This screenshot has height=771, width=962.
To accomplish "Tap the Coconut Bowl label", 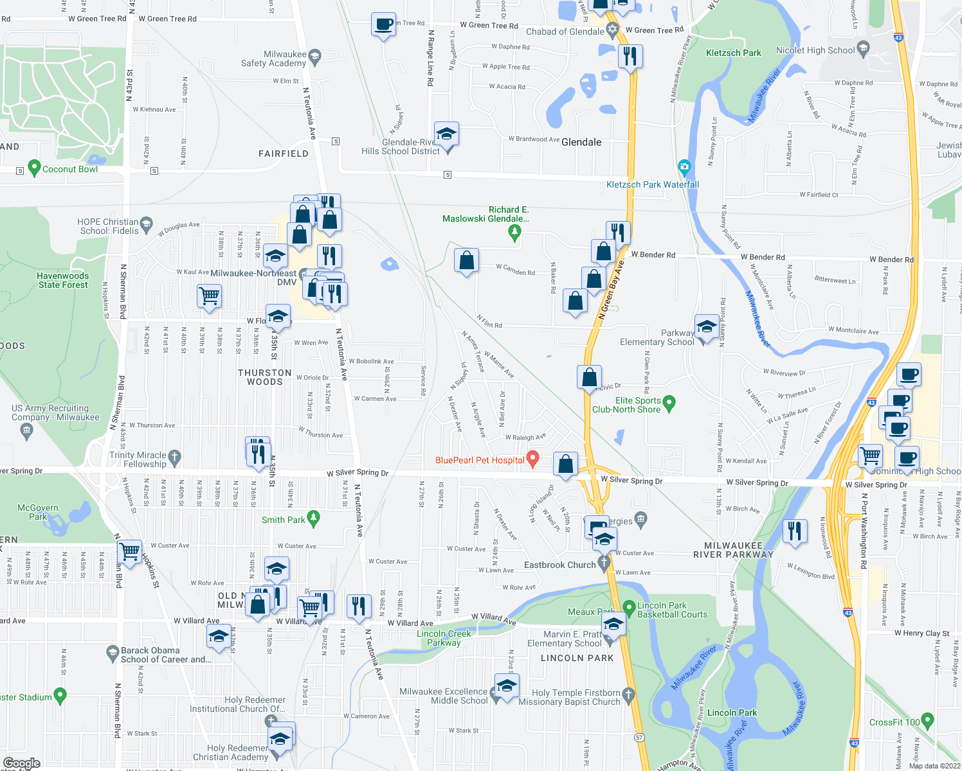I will tap(70, 169).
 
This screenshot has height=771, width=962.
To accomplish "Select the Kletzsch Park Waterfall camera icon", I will tap(684, 167).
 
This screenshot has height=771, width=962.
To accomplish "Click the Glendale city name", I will tap(581, 142).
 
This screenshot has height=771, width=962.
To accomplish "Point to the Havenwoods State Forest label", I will tap(63, 280).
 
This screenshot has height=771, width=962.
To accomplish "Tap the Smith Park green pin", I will tap(314, 517).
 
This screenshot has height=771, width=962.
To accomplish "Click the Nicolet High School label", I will tap(815, 50).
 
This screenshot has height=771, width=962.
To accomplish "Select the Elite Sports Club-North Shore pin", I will tap(669, 403).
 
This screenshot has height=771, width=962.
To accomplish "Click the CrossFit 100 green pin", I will tap(927, 720).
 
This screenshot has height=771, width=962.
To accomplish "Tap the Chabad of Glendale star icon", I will tap(612, 30).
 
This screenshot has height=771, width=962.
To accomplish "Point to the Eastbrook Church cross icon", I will tap(604, 563).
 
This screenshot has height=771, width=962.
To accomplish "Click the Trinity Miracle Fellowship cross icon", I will tap(174, 457).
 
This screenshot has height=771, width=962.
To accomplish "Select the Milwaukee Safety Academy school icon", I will tap(314, 57).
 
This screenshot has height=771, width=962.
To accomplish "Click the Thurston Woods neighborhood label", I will tap(265, 377).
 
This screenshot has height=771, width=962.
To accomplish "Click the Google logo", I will tap(22, 763).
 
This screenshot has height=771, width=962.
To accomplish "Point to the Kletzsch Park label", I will tap(733, 53).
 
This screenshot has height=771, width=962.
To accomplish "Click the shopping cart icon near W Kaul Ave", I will tap(210, 297).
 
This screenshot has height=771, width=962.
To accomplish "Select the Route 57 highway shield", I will tap(639, 738).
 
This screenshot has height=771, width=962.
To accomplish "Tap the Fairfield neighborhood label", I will tap(284, 154).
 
